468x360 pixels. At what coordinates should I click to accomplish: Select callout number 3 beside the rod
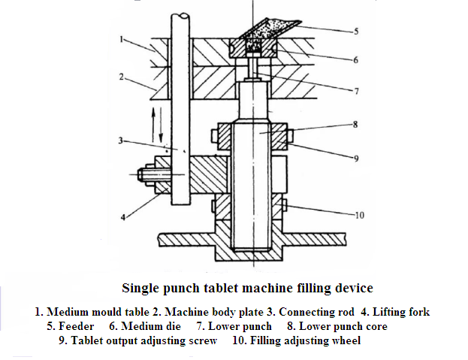click(120, 139)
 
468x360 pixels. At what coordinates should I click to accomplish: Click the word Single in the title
click(141, 287)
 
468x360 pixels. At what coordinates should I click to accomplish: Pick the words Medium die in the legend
click(148, 326)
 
